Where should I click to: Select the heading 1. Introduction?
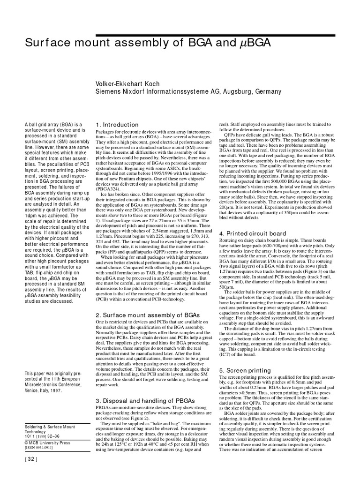coord(117,125)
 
